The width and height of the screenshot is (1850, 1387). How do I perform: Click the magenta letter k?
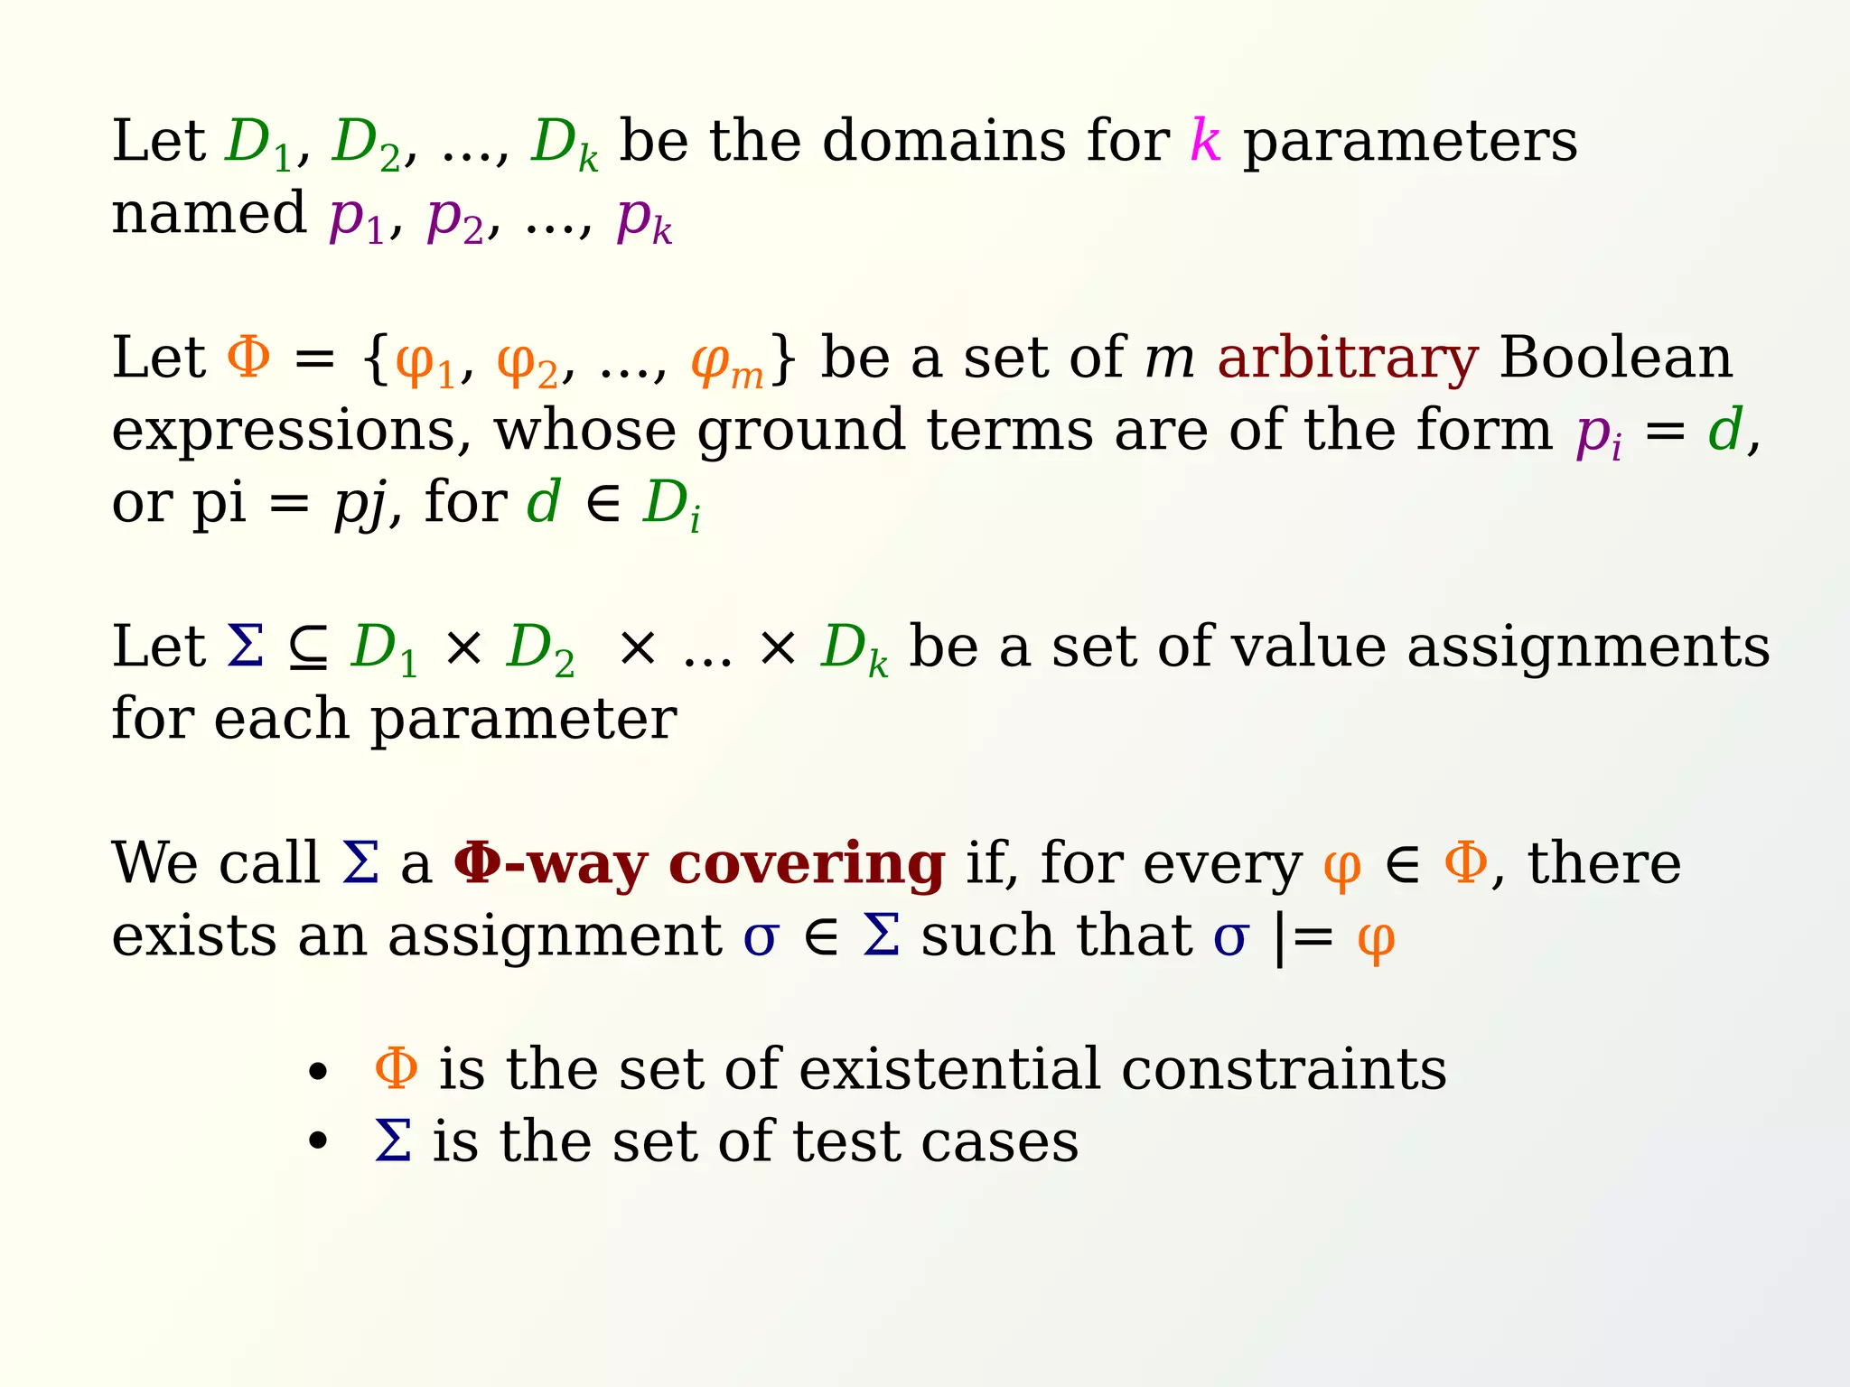pyautogui.click(x=1206, y=141)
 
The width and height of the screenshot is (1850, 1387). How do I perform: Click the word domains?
pyautogui.click(x=944, y=142)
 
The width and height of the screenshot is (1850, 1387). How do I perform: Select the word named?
pyautogui.click(x=209, y=214)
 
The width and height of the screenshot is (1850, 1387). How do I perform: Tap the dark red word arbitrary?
pyautogui.click(x=1347, y=358)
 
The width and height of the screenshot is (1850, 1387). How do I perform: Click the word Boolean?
pyautogui.click(x=1616, y=358)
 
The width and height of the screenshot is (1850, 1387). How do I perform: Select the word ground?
pyautogui.click(x=800, y=432)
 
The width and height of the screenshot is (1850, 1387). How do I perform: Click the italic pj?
pyautogui.click(x=360, y=504)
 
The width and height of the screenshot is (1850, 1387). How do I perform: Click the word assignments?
pyautogui.click(x=1589, y=648)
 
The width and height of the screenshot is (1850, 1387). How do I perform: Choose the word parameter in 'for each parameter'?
pyautogui.click(x=524, y=720)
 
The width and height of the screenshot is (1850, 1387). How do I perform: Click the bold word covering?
pyautogui.click(x=807, y=865)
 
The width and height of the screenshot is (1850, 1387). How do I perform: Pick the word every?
pyautogui.click(x=1222, y=865)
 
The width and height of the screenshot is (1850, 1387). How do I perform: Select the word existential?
pyautogui.click(x=949, y=1069)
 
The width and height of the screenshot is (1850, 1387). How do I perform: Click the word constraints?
pyautogui.click(x=1284, y=1069)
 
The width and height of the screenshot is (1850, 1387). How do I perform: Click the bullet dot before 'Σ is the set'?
pyautogui.click(x=317, y=1142)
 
